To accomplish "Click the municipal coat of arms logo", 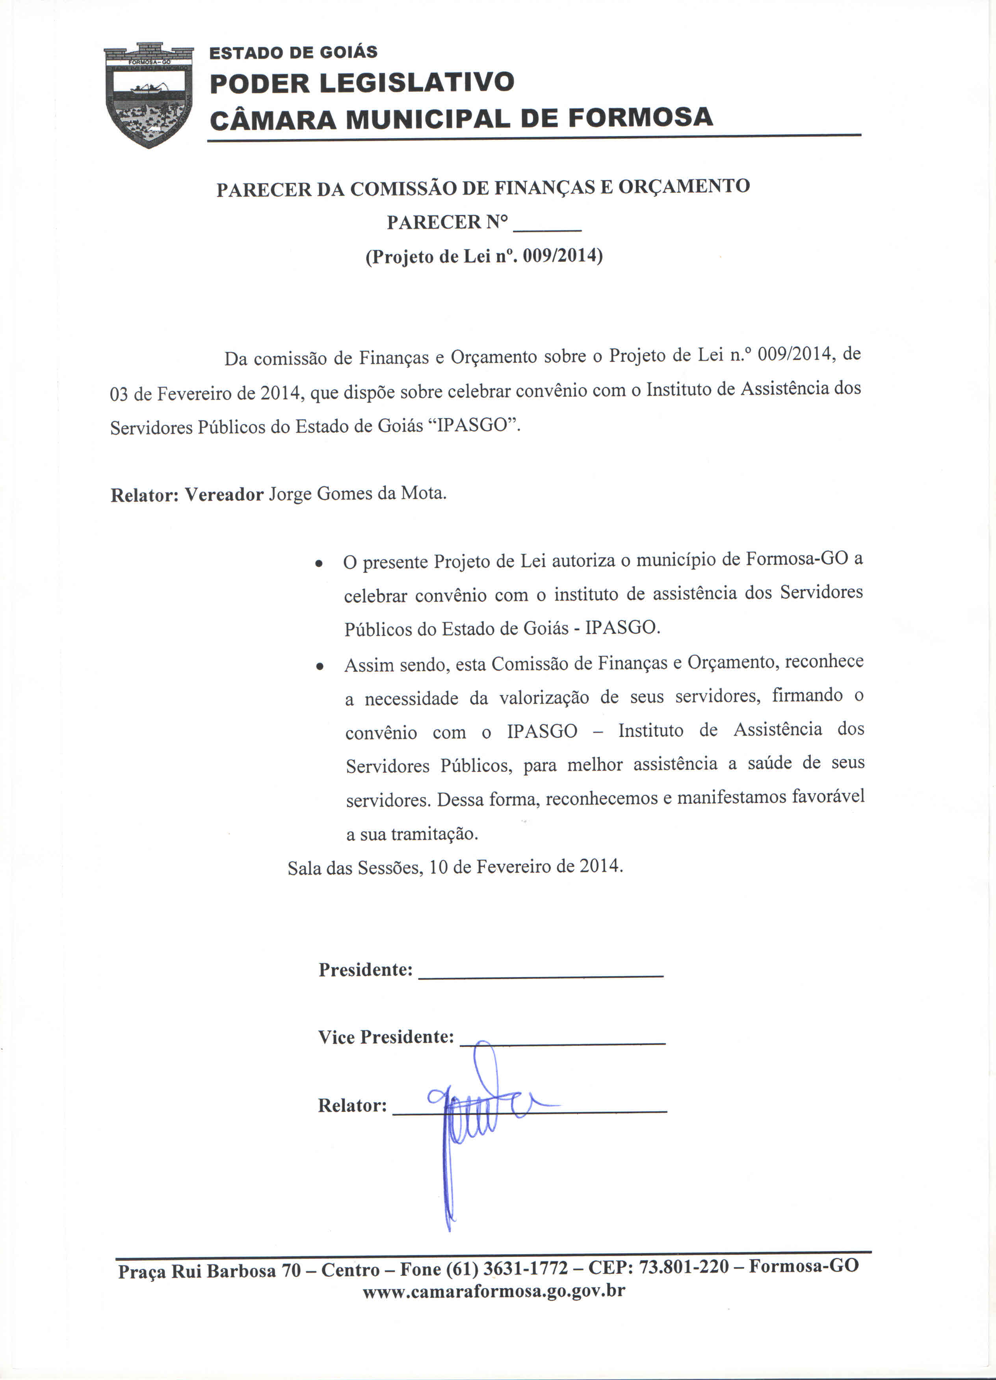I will click(149, 96).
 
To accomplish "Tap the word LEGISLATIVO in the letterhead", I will click(416, 83).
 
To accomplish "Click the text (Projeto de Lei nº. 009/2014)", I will click(483, 256).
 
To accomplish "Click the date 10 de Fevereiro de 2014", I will click(526, 866).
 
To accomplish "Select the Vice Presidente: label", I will click(386, 1037).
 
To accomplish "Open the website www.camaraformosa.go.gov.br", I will click(494, 1291).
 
